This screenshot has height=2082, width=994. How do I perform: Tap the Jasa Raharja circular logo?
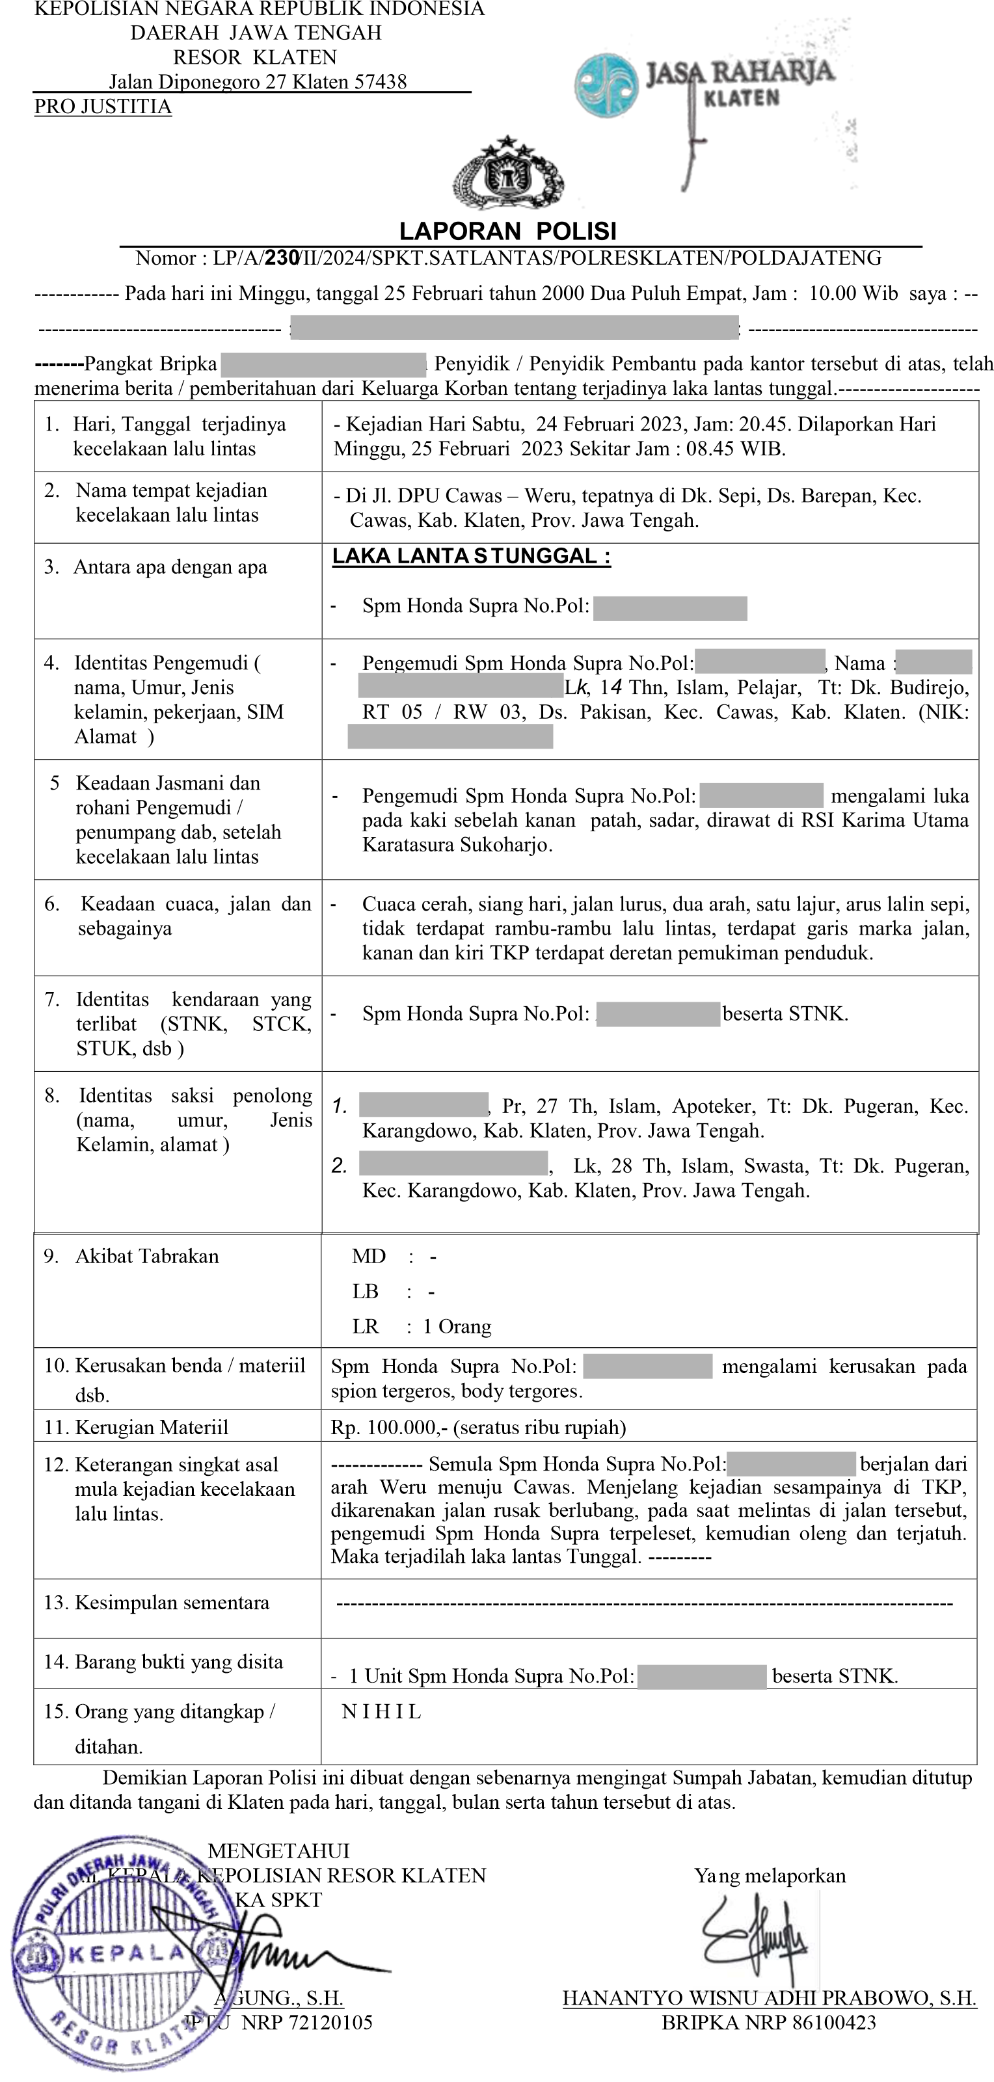606,86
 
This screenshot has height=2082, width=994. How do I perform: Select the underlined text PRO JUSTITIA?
103,107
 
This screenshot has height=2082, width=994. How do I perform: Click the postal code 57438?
381,82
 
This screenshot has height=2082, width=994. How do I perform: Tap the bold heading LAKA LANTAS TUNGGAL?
471,556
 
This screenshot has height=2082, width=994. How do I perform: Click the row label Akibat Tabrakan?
146,1256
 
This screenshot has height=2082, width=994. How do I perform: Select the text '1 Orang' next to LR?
457,1326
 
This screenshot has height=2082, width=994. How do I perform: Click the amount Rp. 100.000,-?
389,1426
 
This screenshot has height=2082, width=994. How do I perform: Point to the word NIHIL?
381,1711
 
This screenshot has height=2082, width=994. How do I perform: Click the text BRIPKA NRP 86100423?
768,2022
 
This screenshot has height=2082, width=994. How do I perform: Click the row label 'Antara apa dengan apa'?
170,567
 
